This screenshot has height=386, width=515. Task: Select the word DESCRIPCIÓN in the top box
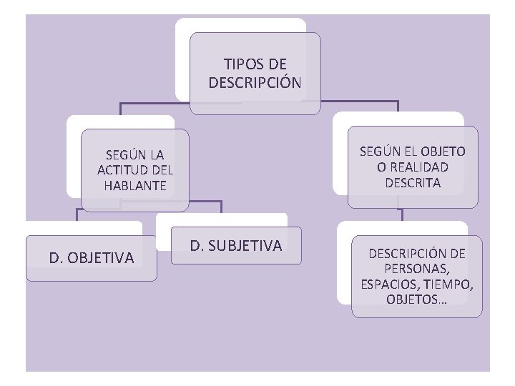click(x=255, y=82)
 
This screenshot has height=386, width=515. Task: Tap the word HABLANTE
click(x=134, y=185)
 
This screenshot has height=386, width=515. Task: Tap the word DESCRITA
click(x=413, y=182)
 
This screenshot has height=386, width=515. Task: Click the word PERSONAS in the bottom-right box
click(x=416, y=269)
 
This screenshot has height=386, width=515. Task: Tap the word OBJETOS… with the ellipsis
click(x=416, y=300)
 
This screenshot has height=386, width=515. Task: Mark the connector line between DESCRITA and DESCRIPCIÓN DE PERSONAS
click(x=403, y=214)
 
